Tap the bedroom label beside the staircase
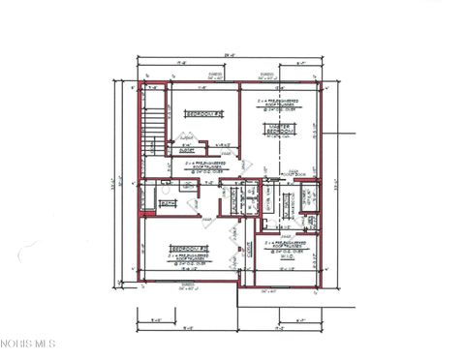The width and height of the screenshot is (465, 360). (200, 114)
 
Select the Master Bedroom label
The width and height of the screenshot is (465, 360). (279, 130)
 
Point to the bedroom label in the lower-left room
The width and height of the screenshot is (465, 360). (188, 249)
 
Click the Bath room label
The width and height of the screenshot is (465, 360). (166, 204)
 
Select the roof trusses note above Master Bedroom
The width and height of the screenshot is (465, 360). (278, 103)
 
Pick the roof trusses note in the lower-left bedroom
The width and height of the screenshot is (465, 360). (188, 258)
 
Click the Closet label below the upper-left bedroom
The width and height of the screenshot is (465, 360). (187, 149)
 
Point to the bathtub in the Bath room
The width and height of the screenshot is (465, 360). (149, 201)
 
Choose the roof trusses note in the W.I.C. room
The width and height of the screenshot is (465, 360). (289, 248)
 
